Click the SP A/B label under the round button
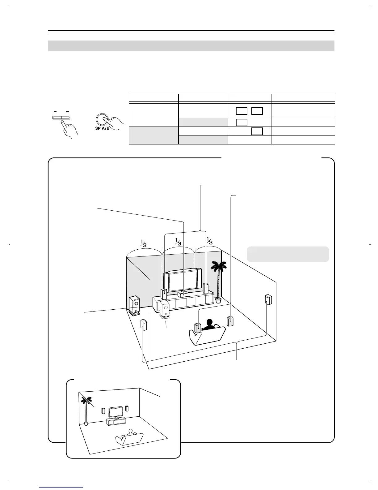pyautogui.click(x=102, y=128)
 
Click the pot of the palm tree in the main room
pyautogui.click(x=218, y=300)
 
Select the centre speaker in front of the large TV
pyautogui.click(x=183, y=294)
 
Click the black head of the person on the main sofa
pyautogui.click(x=210, y=323)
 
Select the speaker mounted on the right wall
pyautogui.click(x=268, y=299)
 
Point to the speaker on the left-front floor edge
pyautogui.click(x=143, y=325)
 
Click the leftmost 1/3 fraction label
pyautogui.click(x=143, y=243)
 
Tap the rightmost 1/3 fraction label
pyautogui.click(x=209, y=241)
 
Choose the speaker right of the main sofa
pyautogui.click(x=230, y=321)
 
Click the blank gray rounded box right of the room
pyautogui.click(x=288, y=254)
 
